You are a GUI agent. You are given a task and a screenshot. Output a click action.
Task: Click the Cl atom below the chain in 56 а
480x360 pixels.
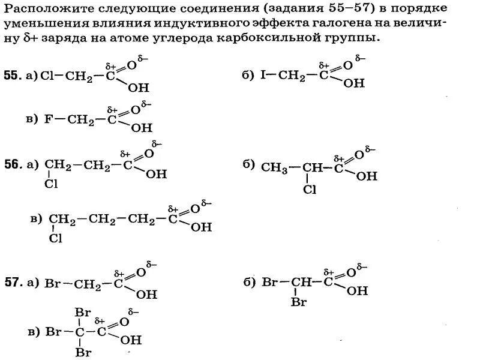(x=51, y=184)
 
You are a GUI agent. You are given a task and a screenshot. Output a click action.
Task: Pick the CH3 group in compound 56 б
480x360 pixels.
(x=274, y=169)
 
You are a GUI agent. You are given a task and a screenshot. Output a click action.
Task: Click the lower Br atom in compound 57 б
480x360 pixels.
(x=299, y=302)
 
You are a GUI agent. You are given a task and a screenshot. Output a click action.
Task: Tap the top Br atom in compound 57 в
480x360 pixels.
(x=82, y=313)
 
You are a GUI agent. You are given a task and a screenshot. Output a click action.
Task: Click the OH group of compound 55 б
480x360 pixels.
(x=354, y=83)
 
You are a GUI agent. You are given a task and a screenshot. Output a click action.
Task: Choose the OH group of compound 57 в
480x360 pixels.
(x=131, y=340)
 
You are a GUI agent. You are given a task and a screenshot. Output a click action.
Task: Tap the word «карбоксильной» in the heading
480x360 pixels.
(x=281, y=37)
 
